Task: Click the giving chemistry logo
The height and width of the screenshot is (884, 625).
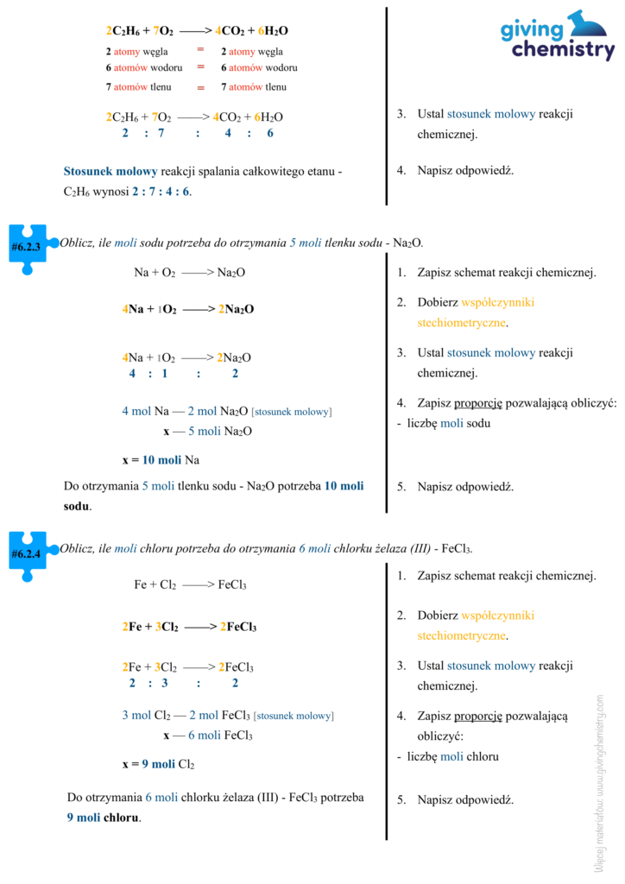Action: pyautogui.click(x=558, y=36)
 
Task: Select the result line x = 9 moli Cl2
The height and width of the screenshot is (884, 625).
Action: pyautogui.click(x=158, y=764)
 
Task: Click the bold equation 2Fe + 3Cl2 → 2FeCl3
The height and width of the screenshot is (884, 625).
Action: pyautogui.click(x=189, y=627)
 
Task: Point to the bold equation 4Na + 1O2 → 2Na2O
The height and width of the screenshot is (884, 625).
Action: pyautogui.click(x=188, y=308)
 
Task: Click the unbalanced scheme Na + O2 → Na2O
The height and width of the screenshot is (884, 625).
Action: pyautogui.click(x=189, y=273)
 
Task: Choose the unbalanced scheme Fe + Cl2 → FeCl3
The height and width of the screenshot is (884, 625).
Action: pyautogui.click(x=190, y=584)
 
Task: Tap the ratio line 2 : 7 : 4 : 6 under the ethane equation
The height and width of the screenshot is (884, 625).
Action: pyautogui.click(x=198, y=133)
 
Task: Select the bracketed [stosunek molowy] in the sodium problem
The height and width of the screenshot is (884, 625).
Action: pyautogui.click(x=292, y=412)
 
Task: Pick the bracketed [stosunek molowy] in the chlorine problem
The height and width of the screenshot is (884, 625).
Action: pyautogui.click(x=294, y=716)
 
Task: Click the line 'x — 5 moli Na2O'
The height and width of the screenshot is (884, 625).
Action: pyautogui.click(x=207, y=432)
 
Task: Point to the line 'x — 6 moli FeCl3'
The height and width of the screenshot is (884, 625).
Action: pyautogui.click(x=207, y=736)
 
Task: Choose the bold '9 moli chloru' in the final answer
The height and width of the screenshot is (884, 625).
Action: pyautogui.click(x=104, y=817)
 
